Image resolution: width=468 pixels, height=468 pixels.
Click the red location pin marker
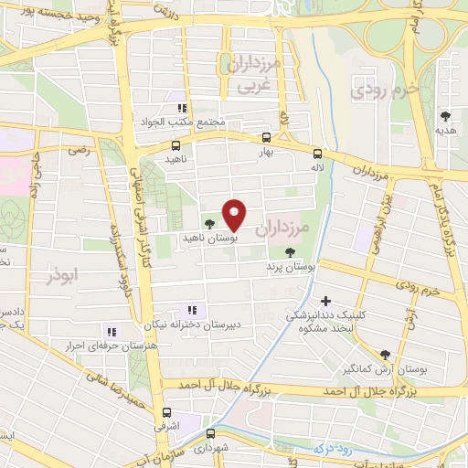click(235, 214)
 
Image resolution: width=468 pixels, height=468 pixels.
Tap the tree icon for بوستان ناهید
click(210, 222)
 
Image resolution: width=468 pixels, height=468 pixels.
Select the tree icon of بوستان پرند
click(291, 252)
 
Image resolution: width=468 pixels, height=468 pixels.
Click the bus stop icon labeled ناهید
click(175, 144)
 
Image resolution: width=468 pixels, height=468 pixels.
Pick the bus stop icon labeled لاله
click(317, 154)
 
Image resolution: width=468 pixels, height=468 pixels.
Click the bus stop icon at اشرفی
click(166, 412)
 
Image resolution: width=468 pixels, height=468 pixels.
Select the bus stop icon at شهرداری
click(210, 433)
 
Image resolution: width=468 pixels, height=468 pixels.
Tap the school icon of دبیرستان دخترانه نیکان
click(191, 310)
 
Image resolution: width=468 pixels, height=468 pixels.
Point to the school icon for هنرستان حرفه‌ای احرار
click(112, 332)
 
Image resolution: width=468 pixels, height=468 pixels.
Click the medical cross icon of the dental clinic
click(325, 301)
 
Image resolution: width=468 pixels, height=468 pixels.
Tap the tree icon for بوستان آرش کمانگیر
click(385, 355)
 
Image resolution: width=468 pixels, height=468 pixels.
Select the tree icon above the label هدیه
click(445, 116)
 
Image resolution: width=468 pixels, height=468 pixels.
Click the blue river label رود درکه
click(331, 448)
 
